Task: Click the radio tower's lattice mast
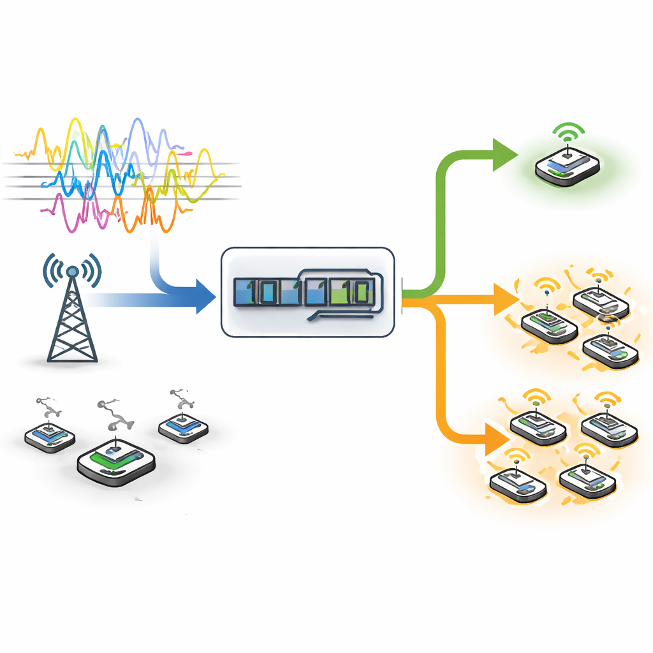click(73, 325)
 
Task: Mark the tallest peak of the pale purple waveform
click(136, 121)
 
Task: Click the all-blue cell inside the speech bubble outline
click(314, 293)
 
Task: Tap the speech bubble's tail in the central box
click(312, 314)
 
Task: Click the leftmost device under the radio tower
click(50, 436)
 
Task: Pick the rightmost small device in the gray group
click(183, 427)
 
